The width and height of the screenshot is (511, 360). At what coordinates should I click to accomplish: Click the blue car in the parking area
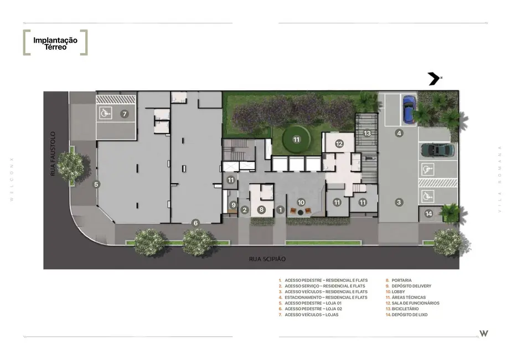pyautogui.click(x=408, y=109)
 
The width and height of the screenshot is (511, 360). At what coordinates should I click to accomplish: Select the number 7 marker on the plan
pyautogui.click(x=125, y=114)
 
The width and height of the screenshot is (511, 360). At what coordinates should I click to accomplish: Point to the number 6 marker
pyautogui.click(x=195, y=223)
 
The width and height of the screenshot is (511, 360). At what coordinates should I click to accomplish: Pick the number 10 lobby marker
pyautogui.click(x=301, y=202)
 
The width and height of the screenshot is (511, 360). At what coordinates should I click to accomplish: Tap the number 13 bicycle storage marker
pyautogui.click(x=367, y=133)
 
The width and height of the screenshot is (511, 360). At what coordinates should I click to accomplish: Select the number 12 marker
pyautogui.click(x=339, y=144)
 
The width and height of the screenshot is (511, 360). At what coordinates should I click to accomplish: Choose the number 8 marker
pyautogui.click(x=261, y=209)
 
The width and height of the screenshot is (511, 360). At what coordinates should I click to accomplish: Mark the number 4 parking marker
pyautogui.click(x=399, y=133)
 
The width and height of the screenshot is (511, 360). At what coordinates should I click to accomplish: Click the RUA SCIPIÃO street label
pyautogui.click(x=264, y=259)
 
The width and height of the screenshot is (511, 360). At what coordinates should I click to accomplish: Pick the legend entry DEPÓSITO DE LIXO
pyautogui.click(x=409, y=315)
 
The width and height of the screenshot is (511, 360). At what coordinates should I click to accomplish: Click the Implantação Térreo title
pyautogui.click(x=55, y=43)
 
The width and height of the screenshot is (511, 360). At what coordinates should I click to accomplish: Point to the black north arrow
pyautogui.click(x=434, y=79)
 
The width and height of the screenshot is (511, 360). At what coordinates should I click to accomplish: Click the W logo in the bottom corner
pyautogui.click(x=484, y=333)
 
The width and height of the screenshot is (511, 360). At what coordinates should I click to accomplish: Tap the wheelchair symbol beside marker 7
pyautogui.click(x=105, y=113)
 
